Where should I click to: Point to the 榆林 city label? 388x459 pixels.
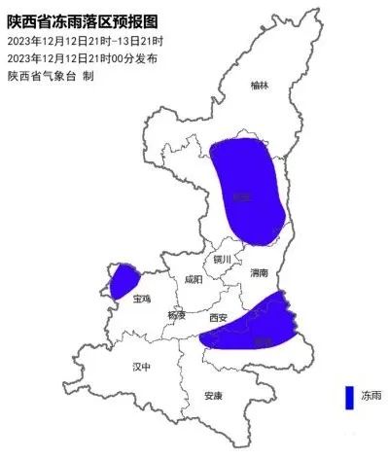tap(258, 86)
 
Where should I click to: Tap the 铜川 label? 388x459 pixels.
tap(223, 260)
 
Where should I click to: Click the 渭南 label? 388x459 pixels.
tap(258, 272)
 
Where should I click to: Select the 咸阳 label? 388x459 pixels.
tap(193, 279)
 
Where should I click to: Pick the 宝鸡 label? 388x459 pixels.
tap(142, 299)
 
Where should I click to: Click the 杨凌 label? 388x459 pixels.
tap(175, 314)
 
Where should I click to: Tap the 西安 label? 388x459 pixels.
tap(218, 317)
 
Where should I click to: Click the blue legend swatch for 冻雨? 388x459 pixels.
tap(346, 398)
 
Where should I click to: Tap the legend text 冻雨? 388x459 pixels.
tap(370, 397)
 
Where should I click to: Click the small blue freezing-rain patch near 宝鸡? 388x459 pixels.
tap(122, 281)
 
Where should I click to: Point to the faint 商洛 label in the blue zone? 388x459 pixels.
tap(261, 341)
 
